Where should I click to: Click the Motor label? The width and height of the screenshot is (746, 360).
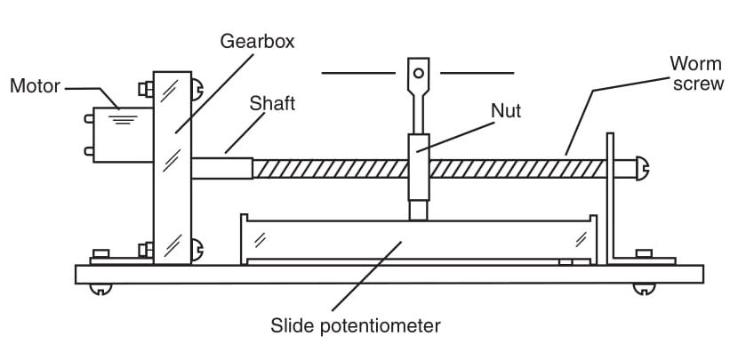click(36, 86)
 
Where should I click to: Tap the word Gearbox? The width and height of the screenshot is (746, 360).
click(257, 42)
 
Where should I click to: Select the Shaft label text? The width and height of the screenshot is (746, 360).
click(272, 103)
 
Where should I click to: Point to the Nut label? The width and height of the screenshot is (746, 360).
click(506, 111)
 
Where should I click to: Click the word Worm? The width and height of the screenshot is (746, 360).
click(695, 63)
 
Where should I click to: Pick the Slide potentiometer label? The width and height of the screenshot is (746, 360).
click(356, 326)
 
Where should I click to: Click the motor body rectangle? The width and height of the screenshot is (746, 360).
click(124, 135)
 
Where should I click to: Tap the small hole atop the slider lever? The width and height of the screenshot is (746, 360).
click(419, 73)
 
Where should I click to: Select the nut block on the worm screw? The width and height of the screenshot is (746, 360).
click(419, 167)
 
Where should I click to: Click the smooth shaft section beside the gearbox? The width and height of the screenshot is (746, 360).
click(222, 169)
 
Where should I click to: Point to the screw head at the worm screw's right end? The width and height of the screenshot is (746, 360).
click(643, 169)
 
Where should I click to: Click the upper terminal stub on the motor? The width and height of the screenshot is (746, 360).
click(89, 118)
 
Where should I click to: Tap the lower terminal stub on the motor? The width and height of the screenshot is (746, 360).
click(89, 151)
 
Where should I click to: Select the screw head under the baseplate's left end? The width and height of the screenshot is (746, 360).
click(100, 289)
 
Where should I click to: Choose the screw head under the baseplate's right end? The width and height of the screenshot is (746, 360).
click(644, 289)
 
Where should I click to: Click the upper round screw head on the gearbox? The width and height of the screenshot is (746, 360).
click(197, 89)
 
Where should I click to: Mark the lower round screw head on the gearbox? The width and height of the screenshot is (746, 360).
click(197, 250)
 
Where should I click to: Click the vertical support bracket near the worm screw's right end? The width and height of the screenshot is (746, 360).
click(611, 198)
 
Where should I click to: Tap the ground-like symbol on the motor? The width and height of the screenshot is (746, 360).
click(123, 120)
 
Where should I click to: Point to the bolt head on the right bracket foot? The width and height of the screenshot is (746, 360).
click(644, 253)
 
